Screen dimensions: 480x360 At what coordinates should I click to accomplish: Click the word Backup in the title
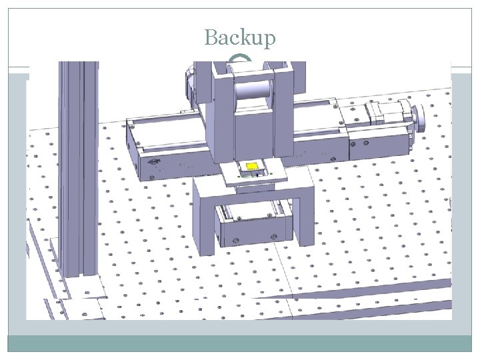pos(239,38)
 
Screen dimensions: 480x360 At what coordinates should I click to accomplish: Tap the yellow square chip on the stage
pos(252,166)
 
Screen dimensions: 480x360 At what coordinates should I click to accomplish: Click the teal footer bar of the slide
pos(239,343)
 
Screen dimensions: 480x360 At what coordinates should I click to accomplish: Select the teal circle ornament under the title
pos(239,62)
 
